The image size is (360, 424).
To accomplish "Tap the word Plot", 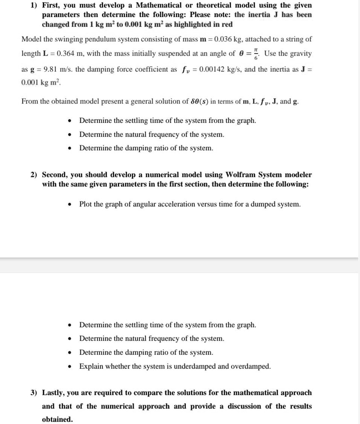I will [x=86, y=204].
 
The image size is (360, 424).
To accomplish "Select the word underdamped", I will [x=196, y=366].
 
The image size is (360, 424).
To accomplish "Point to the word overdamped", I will [x=250, y=366].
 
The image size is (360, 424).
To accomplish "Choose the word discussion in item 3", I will [x=242, y=406].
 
